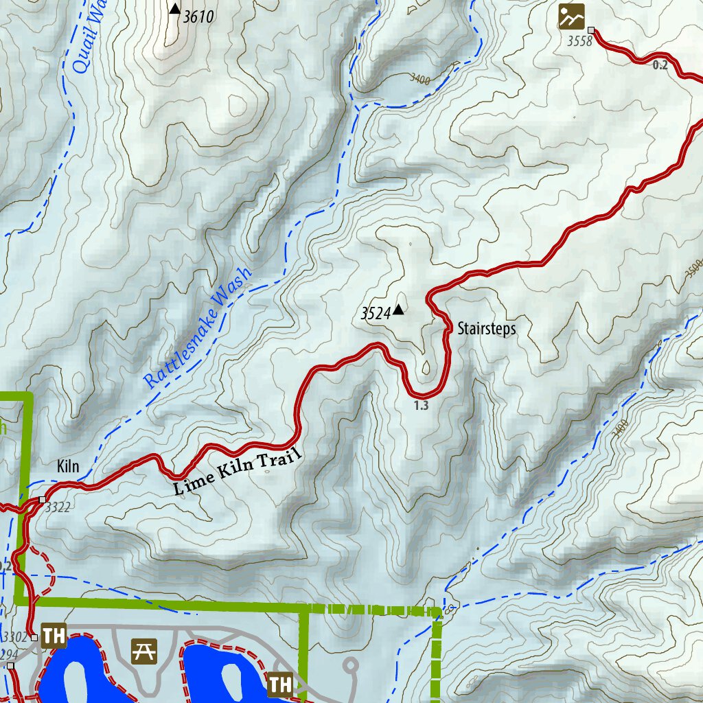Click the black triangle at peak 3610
pos(175,9)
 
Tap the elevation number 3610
pos(198,16)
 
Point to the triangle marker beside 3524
pos(398,310)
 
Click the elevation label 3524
pos(375,314)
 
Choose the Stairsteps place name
pos(486,329)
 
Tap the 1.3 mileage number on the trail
pos(422,406)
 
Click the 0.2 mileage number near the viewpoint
pos(660,65)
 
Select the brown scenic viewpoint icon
pos(571,16)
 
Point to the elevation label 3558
pos(579,42)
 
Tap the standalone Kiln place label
pos(69,467)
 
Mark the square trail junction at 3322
pos(43,499)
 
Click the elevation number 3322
pos(56,509)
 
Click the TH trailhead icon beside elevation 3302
pos(53,636)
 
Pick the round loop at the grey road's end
pos(351,665)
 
